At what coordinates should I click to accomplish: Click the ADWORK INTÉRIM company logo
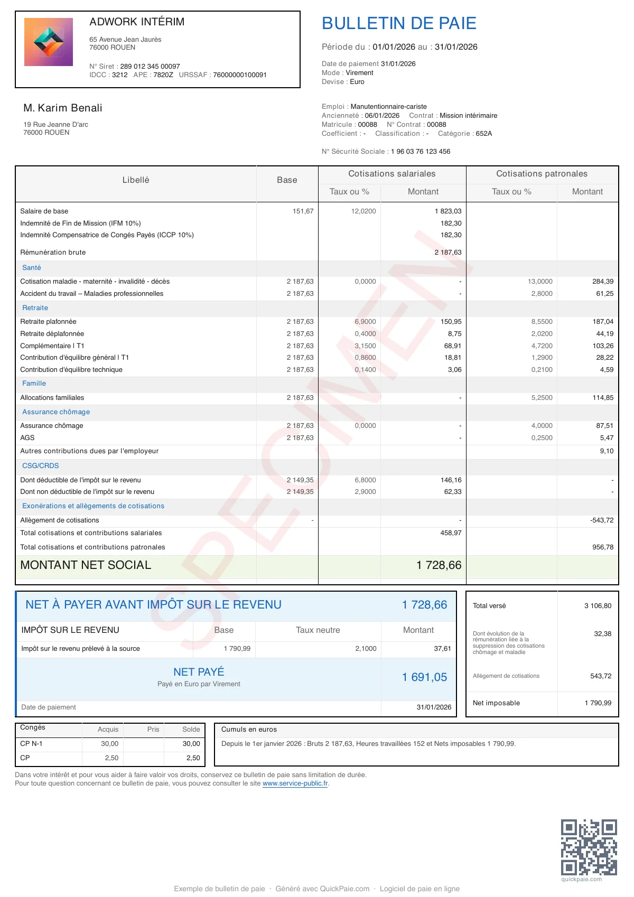point(49,42)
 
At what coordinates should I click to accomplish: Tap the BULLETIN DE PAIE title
point(399,23)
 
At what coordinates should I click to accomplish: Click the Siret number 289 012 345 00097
point(150,67)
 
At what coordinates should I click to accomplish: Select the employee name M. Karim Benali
point(63,108)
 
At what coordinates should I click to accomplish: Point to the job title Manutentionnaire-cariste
point(389,107)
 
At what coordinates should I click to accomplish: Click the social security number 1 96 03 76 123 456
point(421,152)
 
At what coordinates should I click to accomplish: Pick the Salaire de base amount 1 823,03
point(448,211)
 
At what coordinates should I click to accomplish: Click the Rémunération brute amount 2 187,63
point(448,253)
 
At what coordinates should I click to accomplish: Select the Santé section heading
point(32,268)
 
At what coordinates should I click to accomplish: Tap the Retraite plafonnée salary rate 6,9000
point(365,322)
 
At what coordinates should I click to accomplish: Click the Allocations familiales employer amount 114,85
point(603,398)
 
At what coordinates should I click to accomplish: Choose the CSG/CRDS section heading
point(41,466)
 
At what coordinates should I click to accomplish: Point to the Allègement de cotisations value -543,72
point(602,520)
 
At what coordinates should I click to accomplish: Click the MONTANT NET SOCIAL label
point(86,565)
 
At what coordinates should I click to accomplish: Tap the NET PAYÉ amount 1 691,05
point(424,677)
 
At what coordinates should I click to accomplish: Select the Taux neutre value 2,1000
point(366,649)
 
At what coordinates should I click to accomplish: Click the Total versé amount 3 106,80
point(598,606)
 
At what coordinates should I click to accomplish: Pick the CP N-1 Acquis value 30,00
point(110,744)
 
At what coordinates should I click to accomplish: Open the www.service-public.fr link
point(295,783)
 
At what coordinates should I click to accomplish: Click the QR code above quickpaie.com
point(589,847)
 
